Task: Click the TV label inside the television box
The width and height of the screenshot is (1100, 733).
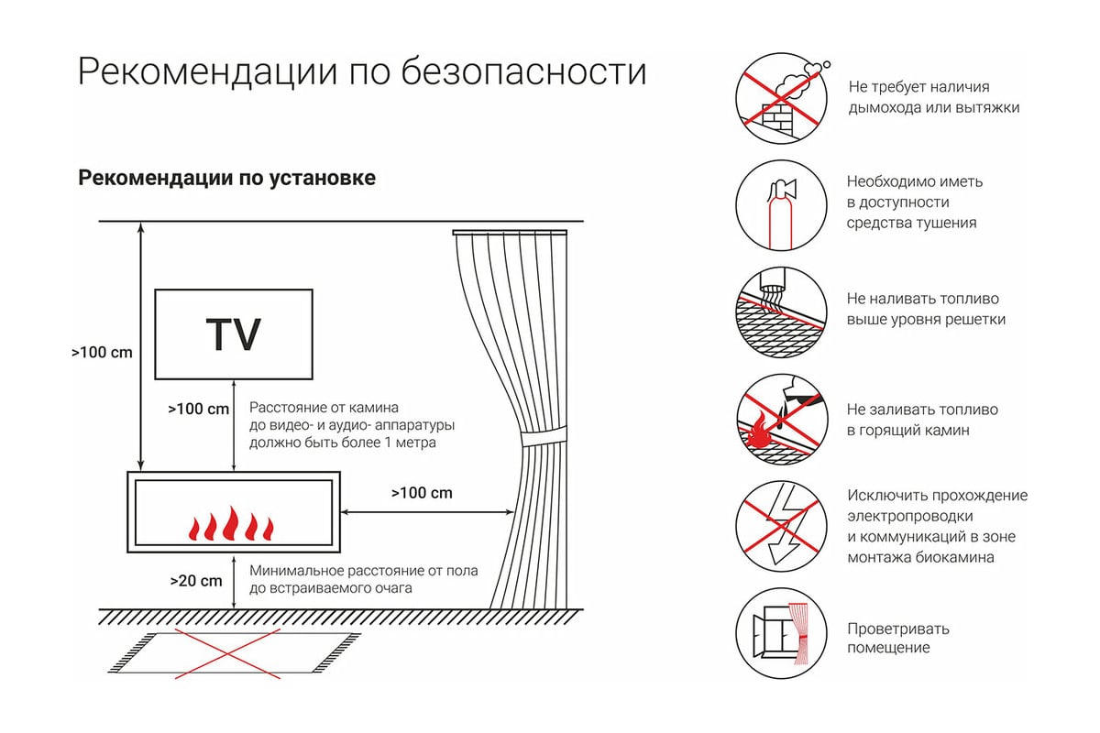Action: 233,334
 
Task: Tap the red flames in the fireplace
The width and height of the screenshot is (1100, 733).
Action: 231,524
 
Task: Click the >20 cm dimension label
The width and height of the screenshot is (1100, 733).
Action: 196,581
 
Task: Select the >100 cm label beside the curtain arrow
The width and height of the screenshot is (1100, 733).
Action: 422,492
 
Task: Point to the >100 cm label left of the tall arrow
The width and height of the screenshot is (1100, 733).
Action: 102,352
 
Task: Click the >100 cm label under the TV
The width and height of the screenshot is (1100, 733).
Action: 198,409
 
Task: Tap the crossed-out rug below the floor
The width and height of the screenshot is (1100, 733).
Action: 234,653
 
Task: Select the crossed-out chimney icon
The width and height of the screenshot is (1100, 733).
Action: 781,98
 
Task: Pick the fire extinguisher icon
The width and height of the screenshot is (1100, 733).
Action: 781,205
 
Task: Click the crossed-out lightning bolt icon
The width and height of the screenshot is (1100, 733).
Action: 781,526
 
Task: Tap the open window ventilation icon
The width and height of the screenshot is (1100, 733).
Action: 781,633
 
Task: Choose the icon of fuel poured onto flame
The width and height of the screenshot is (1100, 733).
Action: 781,420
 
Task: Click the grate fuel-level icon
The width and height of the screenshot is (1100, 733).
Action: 781,312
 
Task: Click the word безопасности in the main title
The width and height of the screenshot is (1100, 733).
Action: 524,72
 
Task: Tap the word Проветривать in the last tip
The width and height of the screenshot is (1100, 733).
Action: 898,629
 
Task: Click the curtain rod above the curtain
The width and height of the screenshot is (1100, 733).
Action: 510,232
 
